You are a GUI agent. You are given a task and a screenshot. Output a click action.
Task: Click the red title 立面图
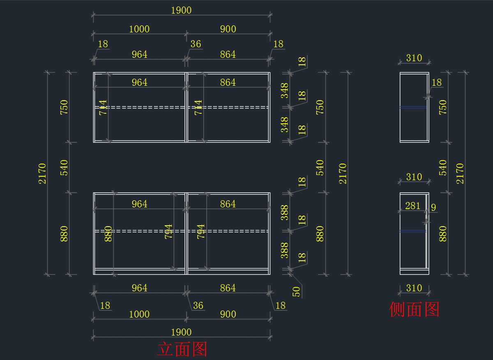pyautogui.click(x=182, y=349)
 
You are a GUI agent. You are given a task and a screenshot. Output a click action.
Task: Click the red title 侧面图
pyautogui.click(x=414, y=309)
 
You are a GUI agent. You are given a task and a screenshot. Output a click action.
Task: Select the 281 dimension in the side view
pyautogui.click(x=412, y=206)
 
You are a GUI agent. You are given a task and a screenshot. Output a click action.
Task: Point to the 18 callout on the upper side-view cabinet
pyautogui.click(x=436, y=82)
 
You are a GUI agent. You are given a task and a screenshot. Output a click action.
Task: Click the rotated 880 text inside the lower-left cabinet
pyautogui.click(x=108, y=233)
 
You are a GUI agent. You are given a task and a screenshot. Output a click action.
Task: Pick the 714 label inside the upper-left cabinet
pyautogui.click(x=103, y=107)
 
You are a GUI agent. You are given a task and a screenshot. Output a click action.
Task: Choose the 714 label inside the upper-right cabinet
pyautogui.click(x=198, y=107)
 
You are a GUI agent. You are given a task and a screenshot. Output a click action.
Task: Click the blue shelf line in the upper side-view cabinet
pyautogui.click(x=413, y=107)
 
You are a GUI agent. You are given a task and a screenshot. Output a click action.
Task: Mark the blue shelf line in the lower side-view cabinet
pyautogui.click(x=413, y=231)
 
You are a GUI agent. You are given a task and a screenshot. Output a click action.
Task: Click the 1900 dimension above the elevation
pyautogui.click(x=181, y=10)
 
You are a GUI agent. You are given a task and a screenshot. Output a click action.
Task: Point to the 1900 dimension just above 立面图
pyautogui.click(x=181, y=332)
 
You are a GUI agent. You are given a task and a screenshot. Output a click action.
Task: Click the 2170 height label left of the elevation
pyautogui.click(x=43, y=173)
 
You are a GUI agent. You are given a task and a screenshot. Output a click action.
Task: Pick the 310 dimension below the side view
pyautogui.click(x=414, y=288)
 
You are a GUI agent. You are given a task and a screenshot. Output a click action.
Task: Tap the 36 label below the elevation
pyautogui.click(x=198, y=305)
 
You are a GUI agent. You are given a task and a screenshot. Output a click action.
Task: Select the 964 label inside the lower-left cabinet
pyautogui.click(x=139, y=204)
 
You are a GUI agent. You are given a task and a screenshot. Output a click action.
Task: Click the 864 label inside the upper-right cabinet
pyautogui.click(x=228, y=82)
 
